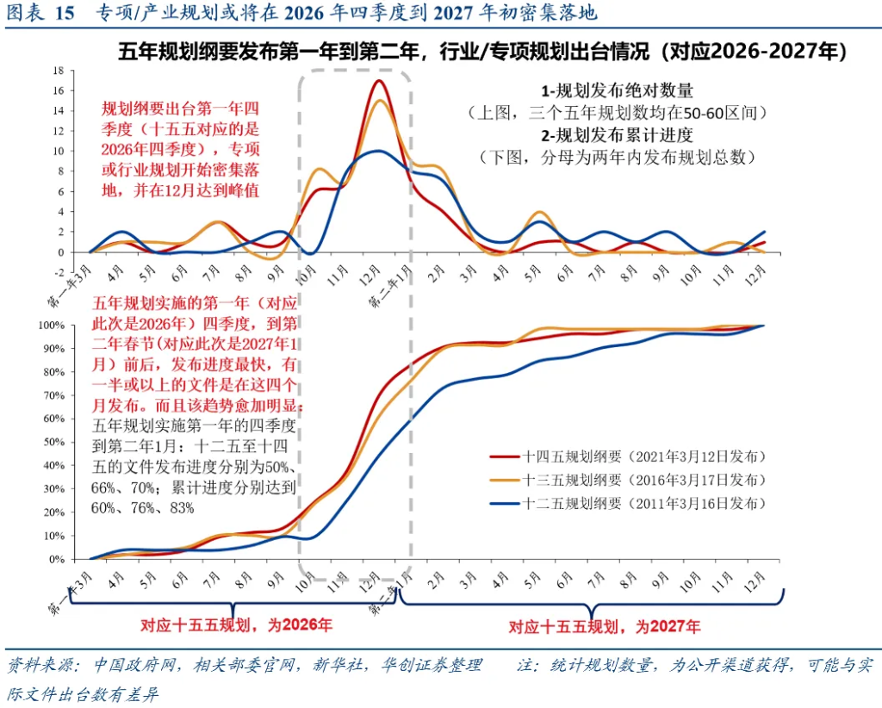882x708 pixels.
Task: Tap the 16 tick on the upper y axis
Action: click(x=58, y=90)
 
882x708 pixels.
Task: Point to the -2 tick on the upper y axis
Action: click(x=58, y=272)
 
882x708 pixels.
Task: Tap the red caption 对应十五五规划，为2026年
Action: click(x=236, y=624)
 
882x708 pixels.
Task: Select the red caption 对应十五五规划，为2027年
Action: click(x=604, y=626)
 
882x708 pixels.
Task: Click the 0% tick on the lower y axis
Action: click(x=57, y=559)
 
